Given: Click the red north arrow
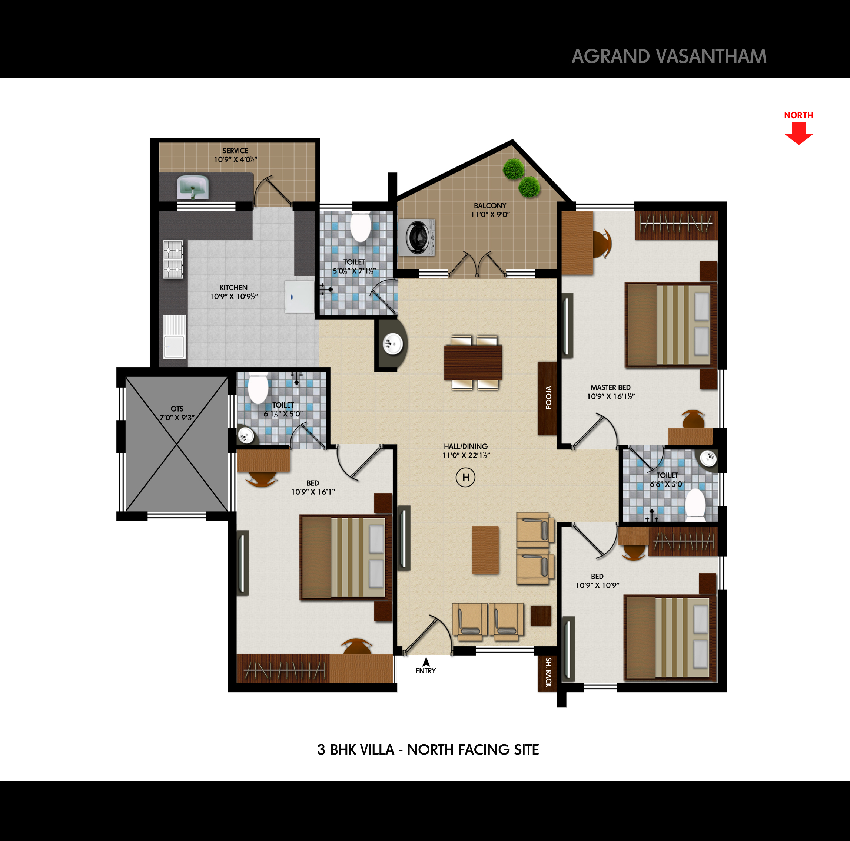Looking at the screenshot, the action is pos(798,133).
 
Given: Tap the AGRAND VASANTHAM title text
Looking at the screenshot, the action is pos(669,56).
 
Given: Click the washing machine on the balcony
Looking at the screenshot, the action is pos(416,237).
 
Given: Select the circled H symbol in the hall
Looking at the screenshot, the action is pos(465,477).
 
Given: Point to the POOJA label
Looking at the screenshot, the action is pos(548,398).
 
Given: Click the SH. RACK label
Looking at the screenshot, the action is pos(548,672).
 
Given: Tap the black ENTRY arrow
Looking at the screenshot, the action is pos(426,662).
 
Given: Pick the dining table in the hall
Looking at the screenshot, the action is pos(473,363).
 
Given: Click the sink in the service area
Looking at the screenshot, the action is pos(192,188).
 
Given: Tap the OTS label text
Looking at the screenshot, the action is pos(177,409).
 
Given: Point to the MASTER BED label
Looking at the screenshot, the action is pos(611,387).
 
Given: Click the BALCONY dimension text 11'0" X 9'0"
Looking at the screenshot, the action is pos(490,214).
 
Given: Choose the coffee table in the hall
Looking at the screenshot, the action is pos(485,550).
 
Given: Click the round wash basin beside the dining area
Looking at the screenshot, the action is pos(392,343).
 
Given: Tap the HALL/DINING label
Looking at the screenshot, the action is pos(465,446).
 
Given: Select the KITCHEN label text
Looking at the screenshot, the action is pos(233,287).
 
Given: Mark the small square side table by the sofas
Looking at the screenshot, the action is pos(541,616).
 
